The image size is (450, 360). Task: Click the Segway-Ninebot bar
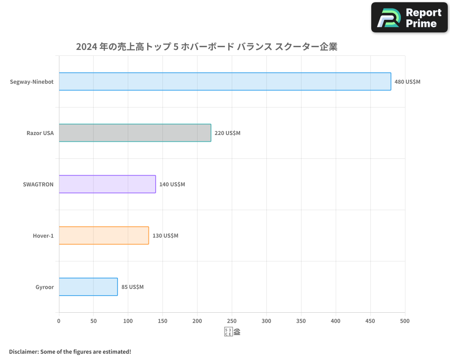[x=225, y=81]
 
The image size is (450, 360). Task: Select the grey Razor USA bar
[x=135, y=133]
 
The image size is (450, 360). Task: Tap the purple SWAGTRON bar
[x=107, y=184]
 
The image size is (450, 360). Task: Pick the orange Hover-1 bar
[x=104, y=235]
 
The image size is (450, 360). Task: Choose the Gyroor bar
[x=88, y=287]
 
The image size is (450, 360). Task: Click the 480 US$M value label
[x=407, y=82]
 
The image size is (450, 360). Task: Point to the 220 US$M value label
[x=227, y=133]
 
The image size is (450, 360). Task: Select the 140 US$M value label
[x=172, y=184]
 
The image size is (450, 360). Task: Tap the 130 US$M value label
[x=165, y=236]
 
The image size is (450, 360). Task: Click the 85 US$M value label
[x=132, y=287]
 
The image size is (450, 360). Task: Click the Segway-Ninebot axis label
[x=31, y=82]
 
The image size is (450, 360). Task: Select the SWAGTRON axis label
[x=38, y=184]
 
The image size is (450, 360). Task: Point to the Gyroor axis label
[x=45, y=287]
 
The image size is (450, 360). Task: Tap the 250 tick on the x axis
[x=232, y=321]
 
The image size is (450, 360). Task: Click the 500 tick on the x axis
[x=405, y=321]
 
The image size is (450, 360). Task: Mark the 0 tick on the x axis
[x=59, y=321]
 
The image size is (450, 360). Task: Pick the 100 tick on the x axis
[x=128, y=321]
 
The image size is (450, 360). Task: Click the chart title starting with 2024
[x=207, y=47]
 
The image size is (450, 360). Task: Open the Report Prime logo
[x=409, y=18]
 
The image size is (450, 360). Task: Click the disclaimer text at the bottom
[x=70, y=351]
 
